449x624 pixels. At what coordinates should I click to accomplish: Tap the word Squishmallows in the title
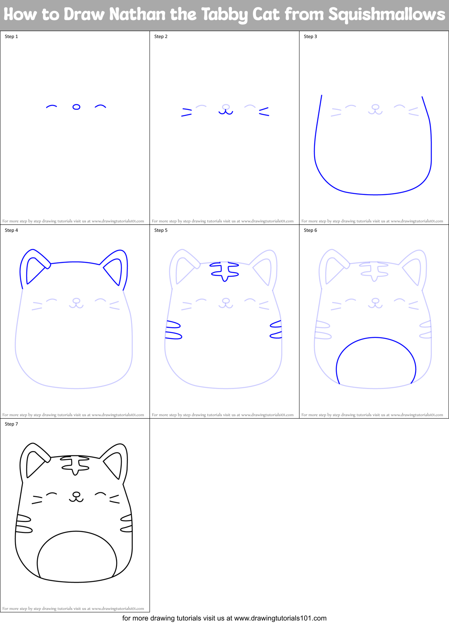pyautogui.click(x=386, y=15)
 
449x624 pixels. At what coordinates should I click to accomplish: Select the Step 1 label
pyautogui.click(x=11, y=37)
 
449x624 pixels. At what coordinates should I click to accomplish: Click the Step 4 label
pyautogui.click(x=11, y=230)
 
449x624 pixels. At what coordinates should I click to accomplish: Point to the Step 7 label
pyautogui.click(x=11, y=424)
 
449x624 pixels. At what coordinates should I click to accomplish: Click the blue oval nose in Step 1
pyautogui.click(x=76, y=107)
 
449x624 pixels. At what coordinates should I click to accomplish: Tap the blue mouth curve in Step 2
pyautogui.click(x=226, y=112)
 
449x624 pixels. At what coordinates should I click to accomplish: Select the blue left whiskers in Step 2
pyautogui.click(x=187, y=112)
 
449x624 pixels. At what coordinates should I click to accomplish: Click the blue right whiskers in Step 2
pyautogui.click(x=264, y=112)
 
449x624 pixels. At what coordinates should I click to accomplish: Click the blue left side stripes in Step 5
pyautogui.click(x=173, y=330)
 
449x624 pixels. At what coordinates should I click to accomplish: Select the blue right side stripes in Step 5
pyautogui.click(x=276, y=330)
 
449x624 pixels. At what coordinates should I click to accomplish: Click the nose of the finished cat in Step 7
pyautogui.click(x=77, y=494)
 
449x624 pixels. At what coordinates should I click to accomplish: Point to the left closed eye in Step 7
pyautogui.click(x=52, y=494)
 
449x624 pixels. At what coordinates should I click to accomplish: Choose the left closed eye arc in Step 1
pyautogui.click(x=52, y=106)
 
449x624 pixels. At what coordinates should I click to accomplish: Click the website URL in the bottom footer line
pyautogui.click(x=280, y=618)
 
